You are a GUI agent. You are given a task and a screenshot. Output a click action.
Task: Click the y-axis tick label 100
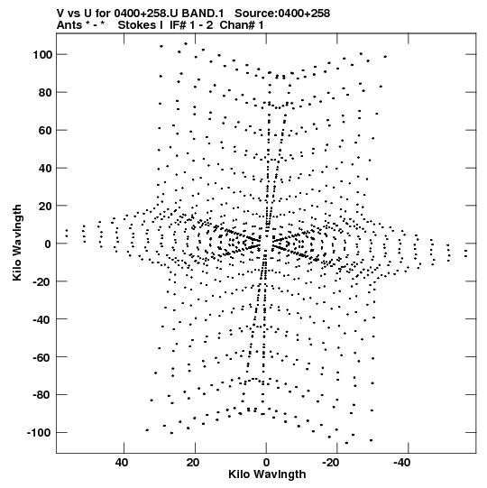tap(41, 55)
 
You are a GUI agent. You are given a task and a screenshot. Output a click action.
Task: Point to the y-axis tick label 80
tap(45, 93)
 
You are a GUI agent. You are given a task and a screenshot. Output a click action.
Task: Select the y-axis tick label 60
tap(45, 131)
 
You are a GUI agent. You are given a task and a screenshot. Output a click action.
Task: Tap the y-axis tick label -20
tap(42, 282)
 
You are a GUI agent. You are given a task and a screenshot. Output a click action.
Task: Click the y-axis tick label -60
tap(42, 357)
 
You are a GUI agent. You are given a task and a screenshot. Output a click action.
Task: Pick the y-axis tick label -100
tap(39, 433)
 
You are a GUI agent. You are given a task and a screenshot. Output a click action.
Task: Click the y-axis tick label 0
tap(48, 244)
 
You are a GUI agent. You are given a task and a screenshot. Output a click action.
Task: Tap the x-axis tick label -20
tap(330, 463)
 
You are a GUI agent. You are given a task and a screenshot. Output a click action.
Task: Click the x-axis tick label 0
tap(266, 463)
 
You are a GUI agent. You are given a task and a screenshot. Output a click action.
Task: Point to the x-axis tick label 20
tap(193, 463)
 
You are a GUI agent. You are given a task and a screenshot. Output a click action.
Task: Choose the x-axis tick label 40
tap(122, 463)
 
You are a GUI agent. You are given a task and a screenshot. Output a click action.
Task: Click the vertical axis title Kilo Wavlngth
tap(17, 243)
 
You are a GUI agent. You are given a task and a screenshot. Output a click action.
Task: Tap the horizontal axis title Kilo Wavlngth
tap(267, 474)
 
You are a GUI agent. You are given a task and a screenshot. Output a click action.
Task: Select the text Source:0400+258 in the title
tap(282, 14)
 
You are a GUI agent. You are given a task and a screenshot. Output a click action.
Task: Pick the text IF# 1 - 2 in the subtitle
tap(191, 25)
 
